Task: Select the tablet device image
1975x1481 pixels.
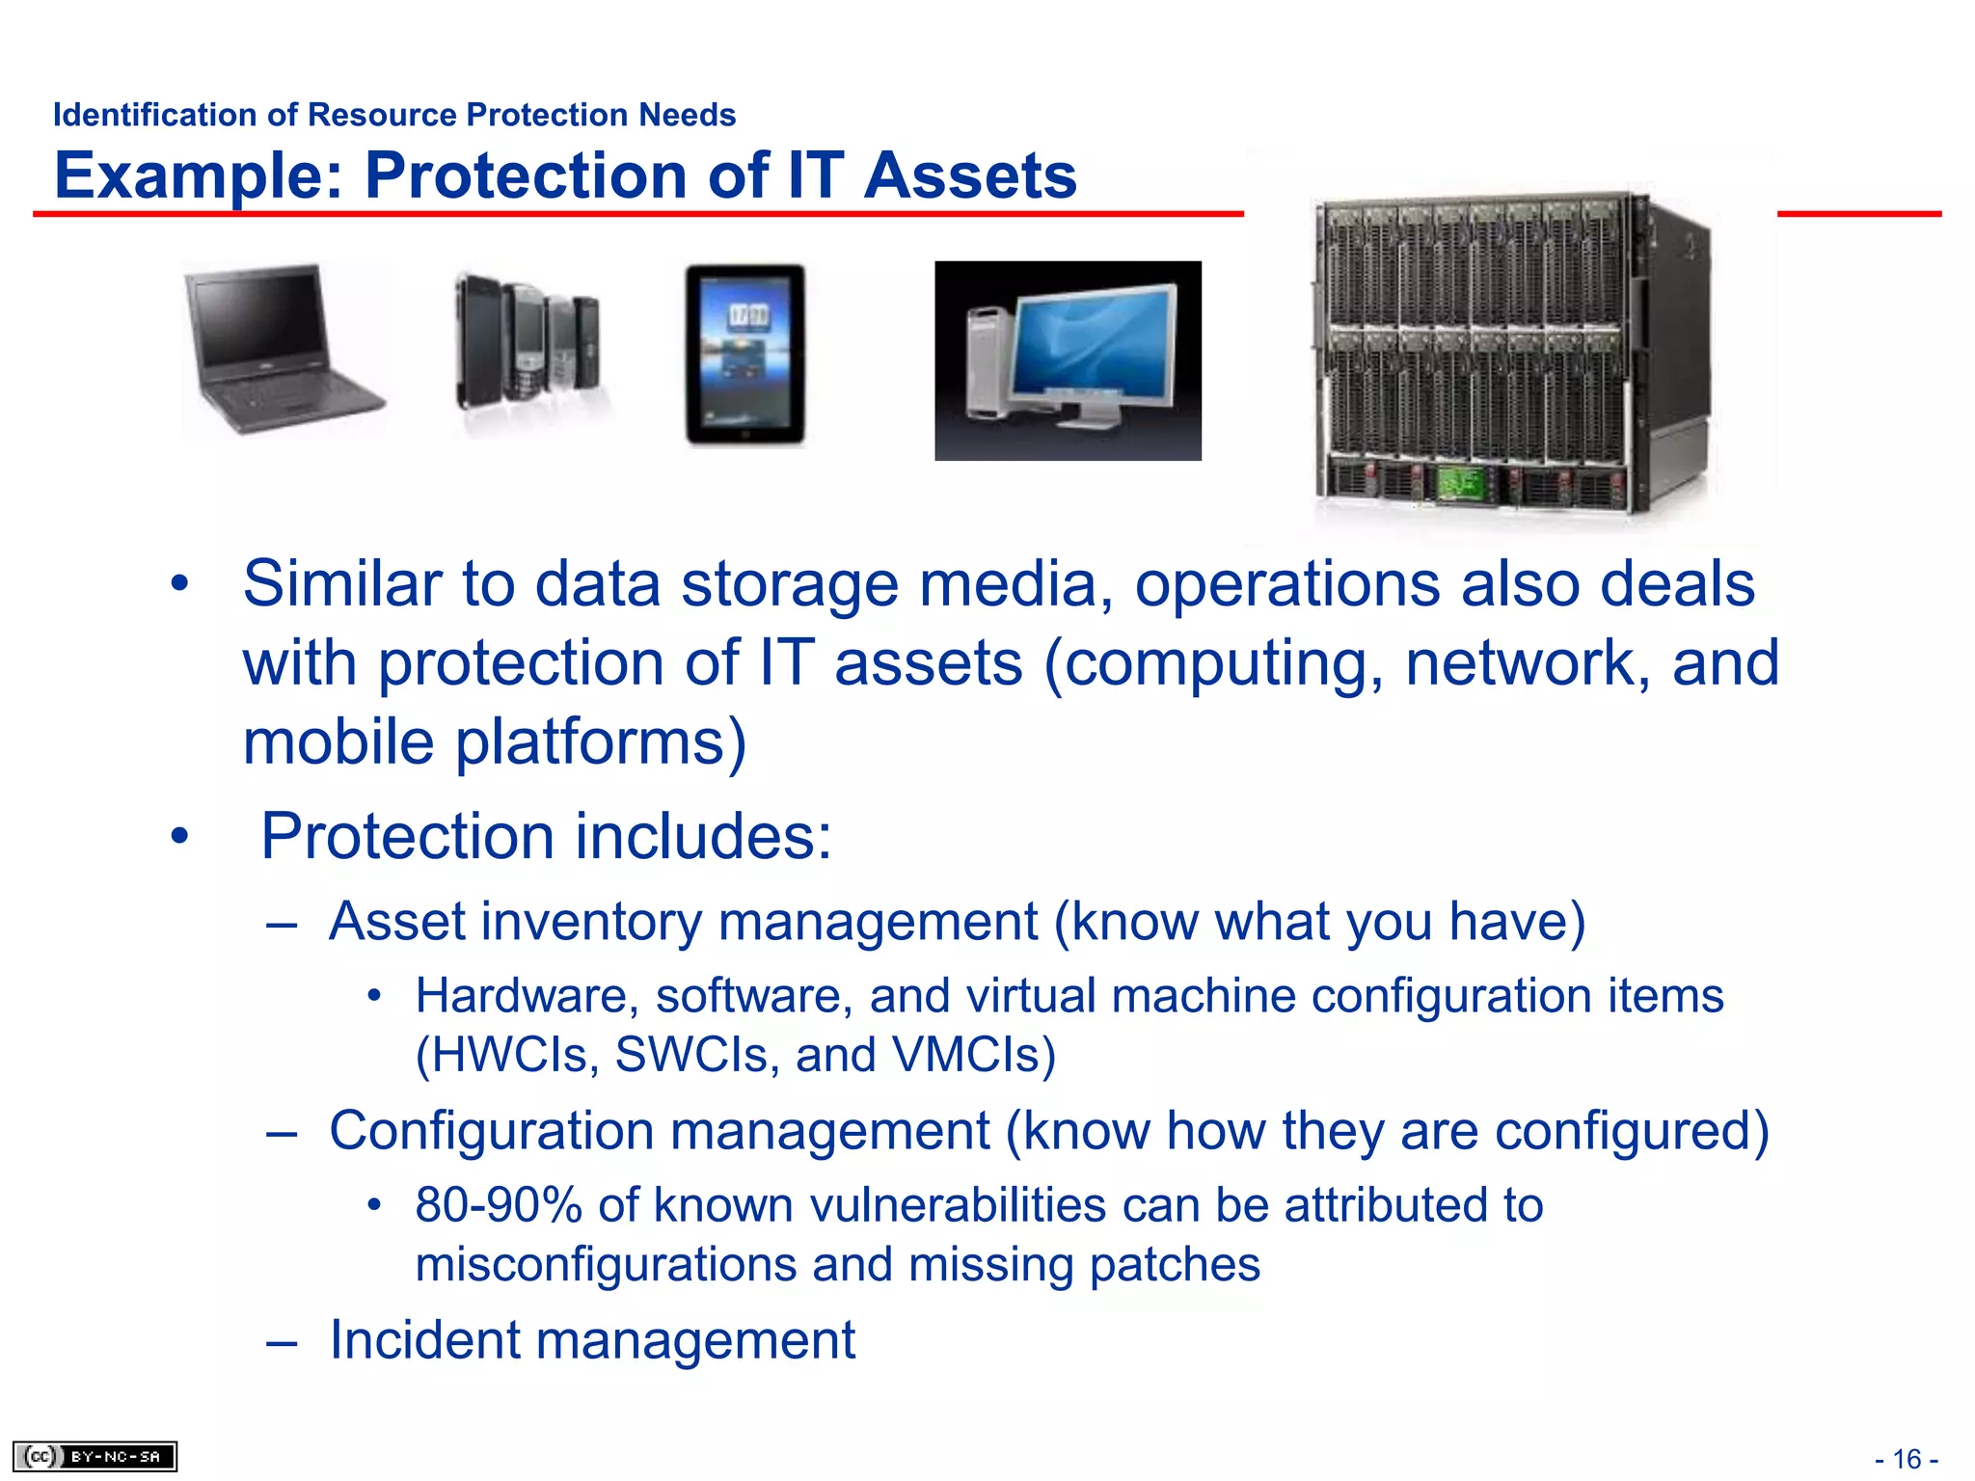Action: (744, 354)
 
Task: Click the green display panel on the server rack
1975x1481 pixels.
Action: (1462, 482)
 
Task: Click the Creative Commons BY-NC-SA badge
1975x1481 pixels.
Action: (95, 1456)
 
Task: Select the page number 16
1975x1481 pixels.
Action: (1907, 1459)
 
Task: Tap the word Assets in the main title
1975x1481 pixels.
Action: (969, 176)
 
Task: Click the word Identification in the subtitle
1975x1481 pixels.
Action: (155, 115)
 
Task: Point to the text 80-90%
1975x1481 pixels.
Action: (498, 1205)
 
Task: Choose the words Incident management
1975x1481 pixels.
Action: (592, 1339)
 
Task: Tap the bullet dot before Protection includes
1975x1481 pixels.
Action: (179, 836)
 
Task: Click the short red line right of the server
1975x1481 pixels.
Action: (1858, 213)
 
